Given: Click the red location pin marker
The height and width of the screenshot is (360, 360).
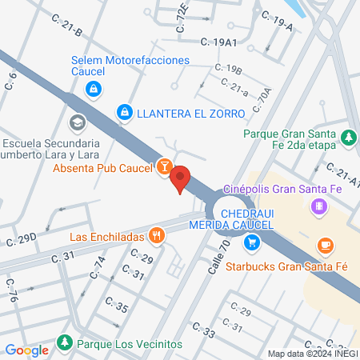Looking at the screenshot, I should (x=180, y=178).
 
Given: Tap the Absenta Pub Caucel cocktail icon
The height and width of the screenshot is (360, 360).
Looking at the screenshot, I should (x=164, y=166).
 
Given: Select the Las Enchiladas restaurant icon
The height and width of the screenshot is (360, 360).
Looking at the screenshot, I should (x=157, y=236).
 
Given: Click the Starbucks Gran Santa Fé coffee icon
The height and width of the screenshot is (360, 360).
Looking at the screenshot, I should (x=324, y=246).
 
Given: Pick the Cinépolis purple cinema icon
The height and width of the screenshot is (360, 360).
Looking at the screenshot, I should (x=319, y=208).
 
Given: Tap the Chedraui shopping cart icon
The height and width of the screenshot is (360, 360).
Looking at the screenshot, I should (x=252, y=241).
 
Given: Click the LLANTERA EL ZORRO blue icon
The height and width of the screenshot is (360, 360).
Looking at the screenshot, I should (x=124, y=113).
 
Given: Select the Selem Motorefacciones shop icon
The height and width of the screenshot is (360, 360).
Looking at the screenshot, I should (x=94, y=88).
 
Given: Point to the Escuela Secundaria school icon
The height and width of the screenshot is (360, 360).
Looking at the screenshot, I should (x=77, y=123).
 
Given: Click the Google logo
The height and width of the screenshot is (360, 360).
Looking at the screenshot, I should (x=27, y=350).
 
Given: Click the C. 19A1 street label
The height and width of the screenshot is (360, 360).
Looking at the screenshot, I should (x=218, y=41).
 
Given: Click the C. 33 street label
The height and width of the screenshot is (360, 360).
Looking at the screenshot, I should (x=203, y=330).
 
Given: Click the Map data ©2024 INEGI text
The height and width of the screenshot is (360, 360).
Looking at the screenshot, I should (x=312, y=353).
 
